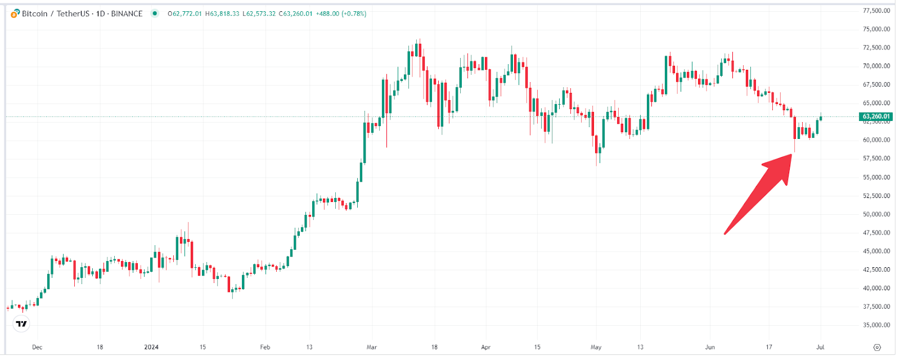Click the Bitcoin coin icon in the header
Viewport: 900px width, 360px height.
[x=15, y=13]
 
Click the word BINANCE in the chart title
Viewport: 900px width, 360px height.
[x=127, y=13]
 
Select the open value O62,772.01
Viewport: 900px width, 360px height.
[x=184, y=13]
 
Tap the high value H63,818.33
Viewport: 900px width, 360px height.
[x=222, y=13]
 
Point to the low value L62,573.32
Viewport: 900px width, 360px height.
[x=259, y=13]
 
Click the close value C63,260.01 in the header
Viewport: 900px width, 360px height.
[x=295, y=13]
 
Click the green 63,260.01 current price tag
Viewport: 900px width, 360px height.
[x=876, y=116]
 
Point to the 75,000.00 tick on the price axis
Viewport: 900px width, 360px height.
[x=876, y=29]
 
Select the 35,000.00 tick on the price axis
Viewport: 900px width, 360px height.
[x=876, y=325]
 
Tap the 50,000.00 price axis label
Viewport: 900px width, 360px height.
[x=876, y=214]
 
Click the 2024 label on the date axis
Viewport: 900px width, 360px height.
[x=151, y=347]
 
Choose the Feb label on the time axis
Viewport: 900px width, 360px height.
[x=265, y=347]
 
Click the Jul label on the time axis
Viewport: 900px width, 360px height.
[x=820, y=347]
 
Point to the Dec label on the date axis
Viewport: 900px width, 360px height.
[x=37, y=347]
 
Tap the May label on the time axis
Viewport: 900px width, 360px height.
[x=596, y=347]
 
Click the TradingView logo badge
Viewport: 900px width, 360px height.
[x=21, y=323]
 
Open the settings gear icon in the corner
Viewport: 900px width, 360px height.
[x=877, y=347]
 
